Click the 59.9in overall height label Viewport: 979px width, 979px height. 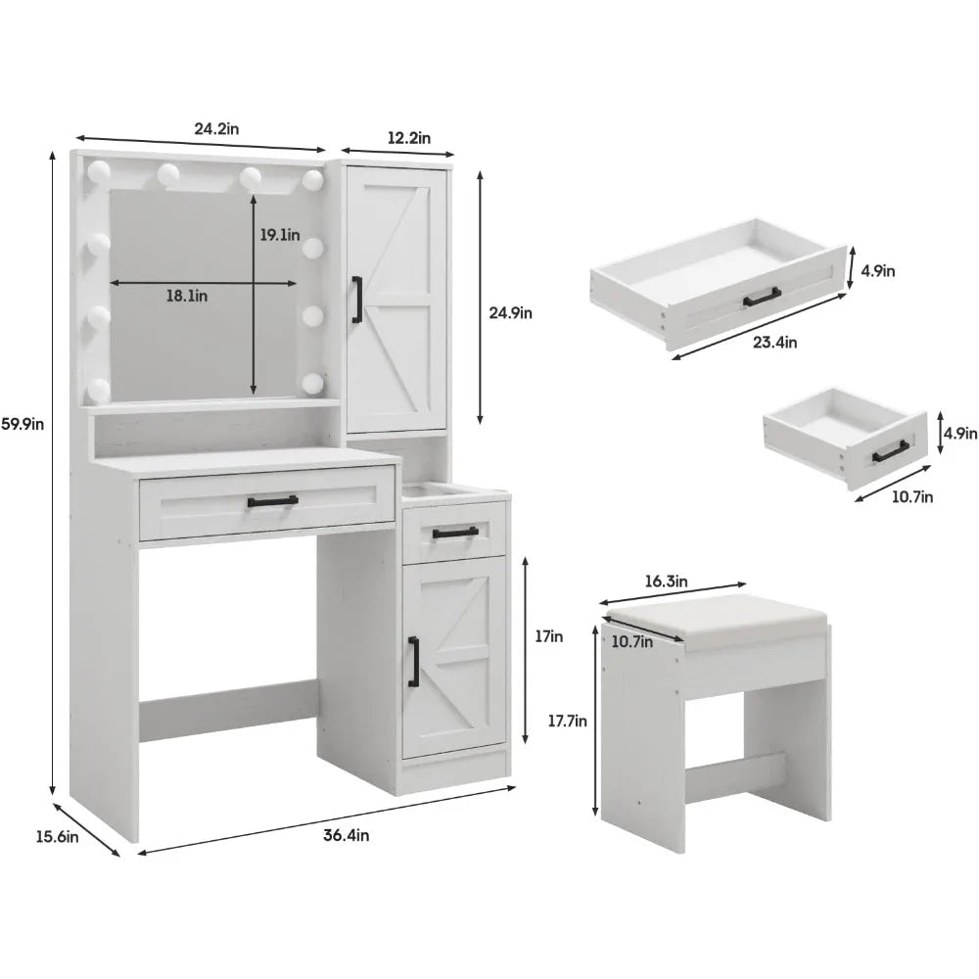23,424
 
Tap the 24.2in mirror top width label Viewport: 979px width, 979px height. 216,128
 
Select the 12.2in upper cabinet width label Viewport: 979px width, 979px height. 409,138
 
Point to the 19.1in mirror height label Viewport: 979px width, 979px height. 280,235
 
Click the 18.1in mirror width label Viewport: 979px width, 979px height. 187,296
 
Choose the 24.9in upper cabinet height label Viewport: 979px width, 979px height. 510,313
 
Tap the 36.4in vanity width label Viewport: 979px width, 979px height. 346,835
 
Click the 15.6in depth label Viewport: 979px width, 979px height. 57,837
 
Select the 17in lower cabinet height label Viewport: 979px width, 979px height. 549,636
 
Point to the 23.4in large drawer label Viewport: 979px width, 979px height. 774,342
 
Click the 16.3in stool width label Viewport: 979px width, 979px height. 666,582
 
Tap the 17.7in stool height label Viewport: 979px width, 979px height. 568,722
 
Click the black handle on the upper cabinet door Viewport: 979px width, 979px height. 357,300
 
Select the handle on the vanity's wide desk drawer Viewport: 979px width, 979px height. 273,500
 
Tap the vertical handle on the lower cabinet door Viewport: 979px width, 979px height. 413,661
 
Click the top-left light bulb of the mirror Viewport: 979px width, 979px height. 98,170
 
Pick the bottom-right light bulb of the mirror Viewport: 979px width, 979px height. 313,383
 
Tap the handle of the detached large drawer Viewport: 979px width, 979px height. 762,298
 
